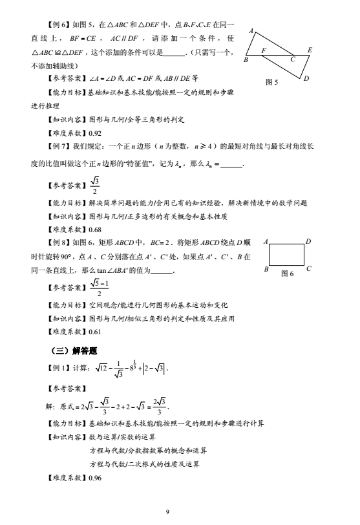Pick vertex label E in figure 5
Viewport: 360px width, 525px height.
click(x=310, y=50)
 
